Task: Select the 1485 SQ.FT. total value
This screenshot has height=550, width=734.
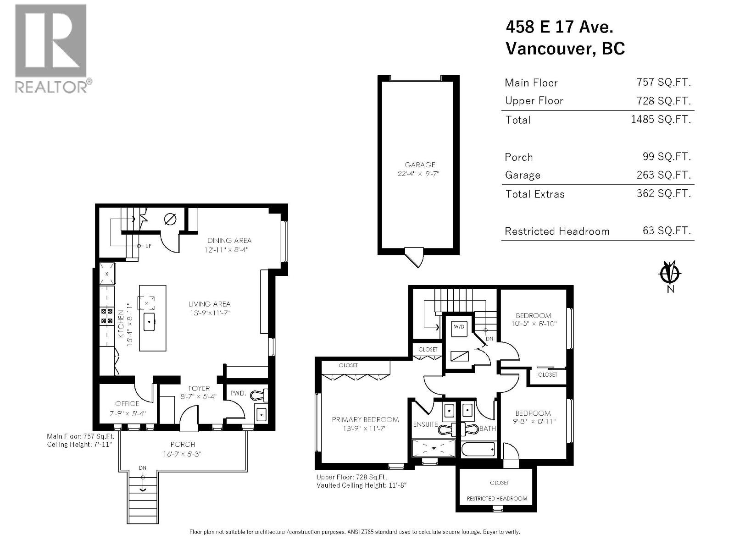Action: tap(661, 120)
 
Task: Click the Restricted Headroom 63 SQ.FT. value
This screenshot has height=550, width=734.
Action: tap(666, 231)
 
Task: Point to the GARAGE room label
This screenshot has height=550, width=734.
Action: tap(420, 165)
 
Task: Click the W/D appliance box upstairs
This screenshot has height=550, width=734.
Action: tap(459, 328)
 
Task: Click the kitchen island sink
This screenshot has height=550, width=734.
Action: tap(150, 322)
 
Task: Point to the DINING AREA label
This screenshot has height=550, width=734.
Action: tap(229, 241)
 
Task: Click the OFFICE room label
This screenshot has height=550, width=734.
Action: tap(127, 404)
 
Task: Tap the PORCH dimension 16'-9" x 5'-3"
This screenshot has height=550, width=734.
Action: tap(183, 454)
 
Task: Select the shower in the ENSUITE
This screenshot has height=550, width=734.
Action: tap(434, 448)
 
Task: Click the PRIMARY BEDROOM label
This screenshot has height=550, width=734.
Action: tap(365, 419)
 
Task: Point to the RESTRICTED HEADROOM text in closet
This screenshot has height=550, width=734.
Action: tap(497, 499)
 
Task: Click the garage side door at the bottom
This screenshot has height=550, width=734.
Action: tap(416, 257)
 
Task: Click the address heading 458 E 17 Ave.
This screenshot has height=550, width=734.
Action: tap(559, 27)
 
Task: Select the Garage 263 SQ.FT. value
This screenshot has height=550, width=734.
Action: tap(666, 175)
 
